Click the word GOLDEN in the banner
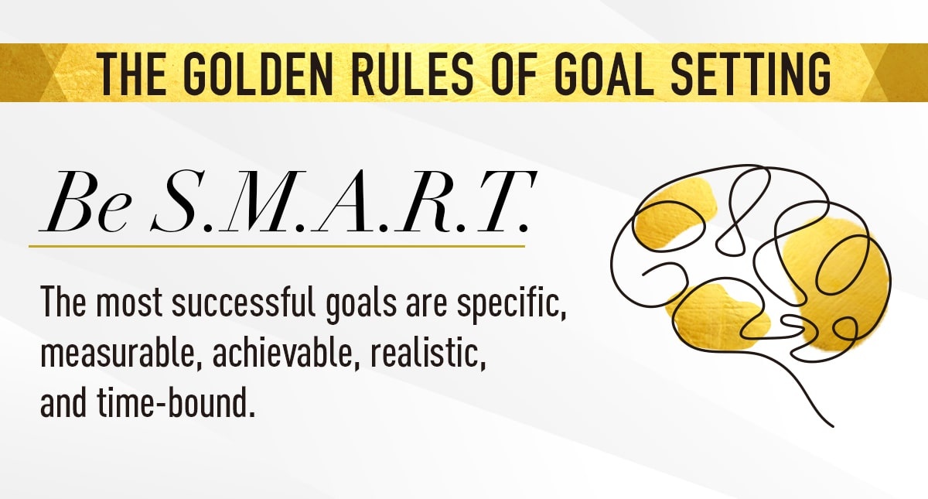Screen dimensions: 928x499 pyautogui.click(x=258, y=73)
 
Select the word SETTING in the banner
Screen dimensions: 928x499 pyautogui.click(x=750, y=73)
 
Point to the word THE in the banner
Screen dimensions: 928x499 pyautogui.click(x=131, y=73)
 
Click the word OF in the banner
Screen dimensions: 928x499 pyautogui.click(x=514, y=73)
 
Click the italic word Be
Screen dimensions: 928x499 pyautogui.click(x=86, y=202)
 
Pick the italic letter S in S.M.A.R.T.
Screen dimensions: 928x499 pyautogui.click(x=177, y=201)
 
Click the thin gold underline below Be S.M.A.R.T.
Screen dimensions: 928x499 pyautogui.click(x=277, y=246)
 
